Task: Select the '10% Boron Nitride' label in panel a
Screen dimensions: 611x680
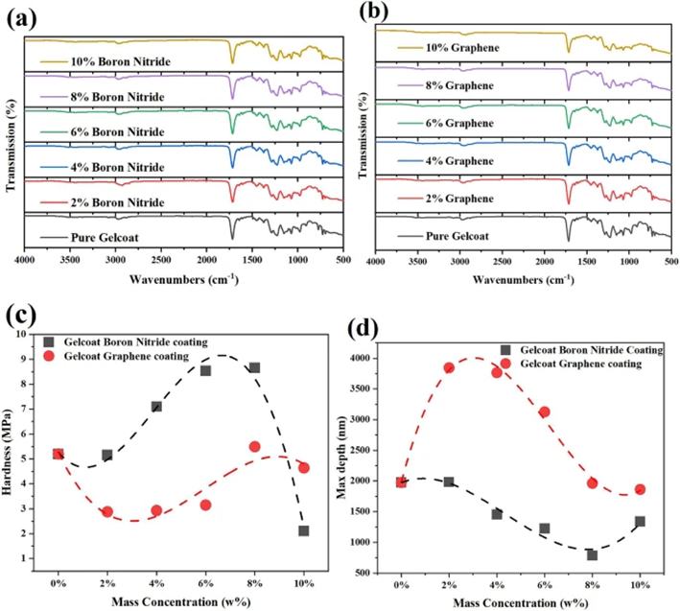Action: tap(121, 61)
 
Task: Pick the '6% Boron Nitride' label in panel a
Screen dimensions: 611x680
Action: tap(121, 132)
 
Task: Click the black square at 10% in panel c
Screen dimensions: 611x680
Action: tap(304, 530)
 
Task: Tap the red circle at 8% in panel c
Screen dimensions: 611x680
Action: tap(255, 447)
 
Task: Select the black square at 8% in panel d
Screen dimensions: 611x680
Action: tap(593, 554)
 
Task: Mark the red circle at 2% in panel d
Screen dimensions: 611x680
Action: tap(449, 368)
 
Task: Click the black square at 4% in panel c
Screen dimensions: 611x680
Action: tap(156, 407)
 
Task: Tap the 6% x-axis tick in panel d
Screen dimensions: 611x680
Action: tap(545, 584)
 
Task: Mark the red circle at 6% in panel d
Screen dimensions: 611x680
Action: tap(545, 411)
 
